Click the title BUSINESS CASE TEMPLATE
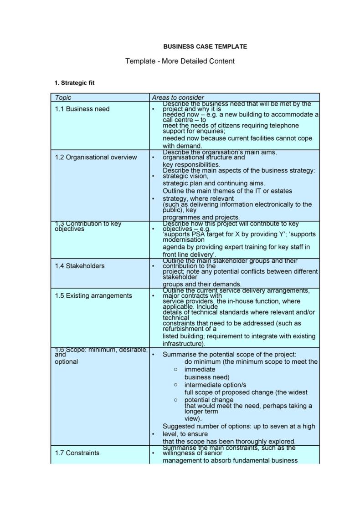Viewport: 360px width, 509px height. click(x=205, y=46)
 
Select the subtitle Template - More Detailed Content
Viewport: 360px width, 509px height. click(x=180, y=61)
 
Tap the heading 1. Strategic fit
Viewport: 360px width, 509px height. click(x=74, y=83)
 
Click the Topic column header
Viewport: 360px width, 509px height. click(x=63, y=97)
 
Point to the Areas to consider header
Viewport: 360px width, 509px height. click(x=178, y=97)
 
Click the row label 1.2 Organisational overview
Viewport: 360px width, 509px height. click(x=96, y=157)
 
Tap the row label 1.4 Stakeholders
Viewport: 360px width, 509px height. click(x=80, y=266)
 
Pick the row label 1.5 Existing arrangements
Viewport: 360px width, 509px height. click(x=93, y=295)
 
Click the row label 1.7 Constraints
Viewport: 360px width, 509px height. click(x=77, y=453)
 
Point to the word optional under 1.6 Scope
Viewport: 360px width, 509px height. click(x=67, y=361)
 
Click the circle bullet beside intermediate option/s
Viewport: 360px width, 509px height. click(x=175, y=385)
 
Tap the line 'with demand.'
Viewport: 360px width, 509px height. click(x=182, y=146)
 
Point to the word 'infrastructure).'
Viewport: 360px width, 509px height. click(x=184, y=344)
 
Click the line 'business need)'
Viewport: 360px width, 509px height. click(x=207, y=377)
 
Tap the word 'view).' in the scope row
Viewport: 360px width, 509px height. click(x=193, y=418)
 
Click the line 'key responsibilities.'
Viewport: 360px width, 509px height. click(x=191, y=164)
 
